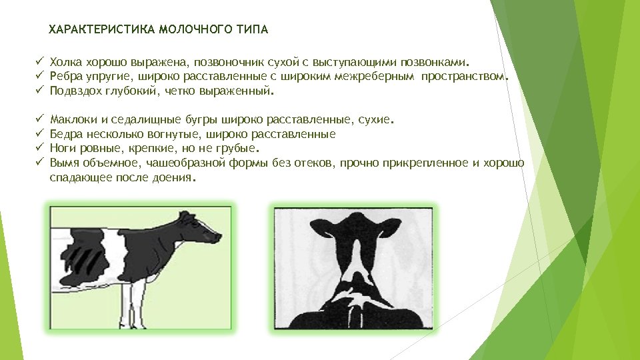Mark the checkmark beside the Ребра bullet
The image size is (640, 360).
click(39, 75)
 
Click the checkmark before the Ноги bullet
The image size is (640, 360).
click(39, 148)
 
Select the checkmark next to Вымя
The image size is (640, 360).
click(39, 163)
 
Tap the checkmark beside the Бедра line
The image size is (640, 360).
click(39, 134)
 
